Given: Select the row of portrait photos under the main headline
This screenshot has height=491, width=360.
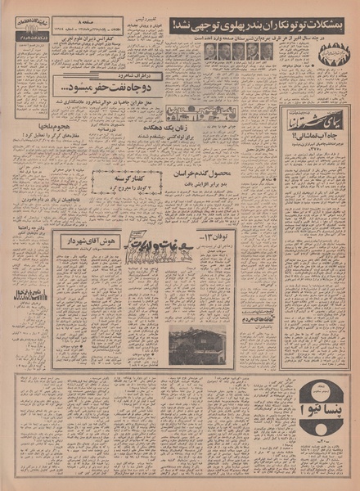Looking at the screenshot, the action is [x=237, y=51].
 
